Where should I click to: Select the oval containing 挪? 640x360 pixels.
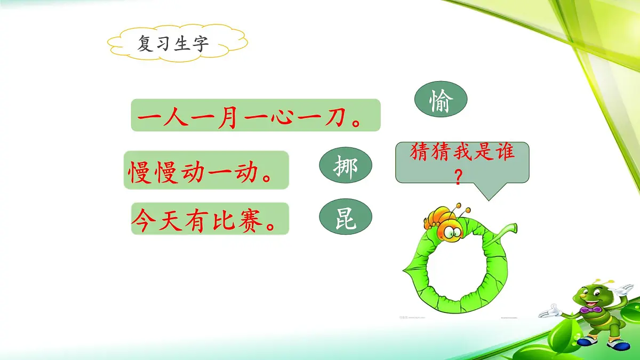pos(346,166)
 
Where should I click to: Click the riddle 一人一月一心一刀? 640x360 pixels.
pos(255,115)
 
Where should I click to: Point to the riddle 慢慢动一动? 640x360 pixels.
pos(206,170)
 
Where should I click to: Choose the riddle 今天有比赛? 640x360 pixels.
pos(210,219)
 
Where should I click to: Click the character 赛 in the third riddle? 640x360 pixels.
pos(252,219)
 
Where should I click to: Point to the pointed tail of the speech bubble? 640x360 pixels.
pos(489,197)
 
